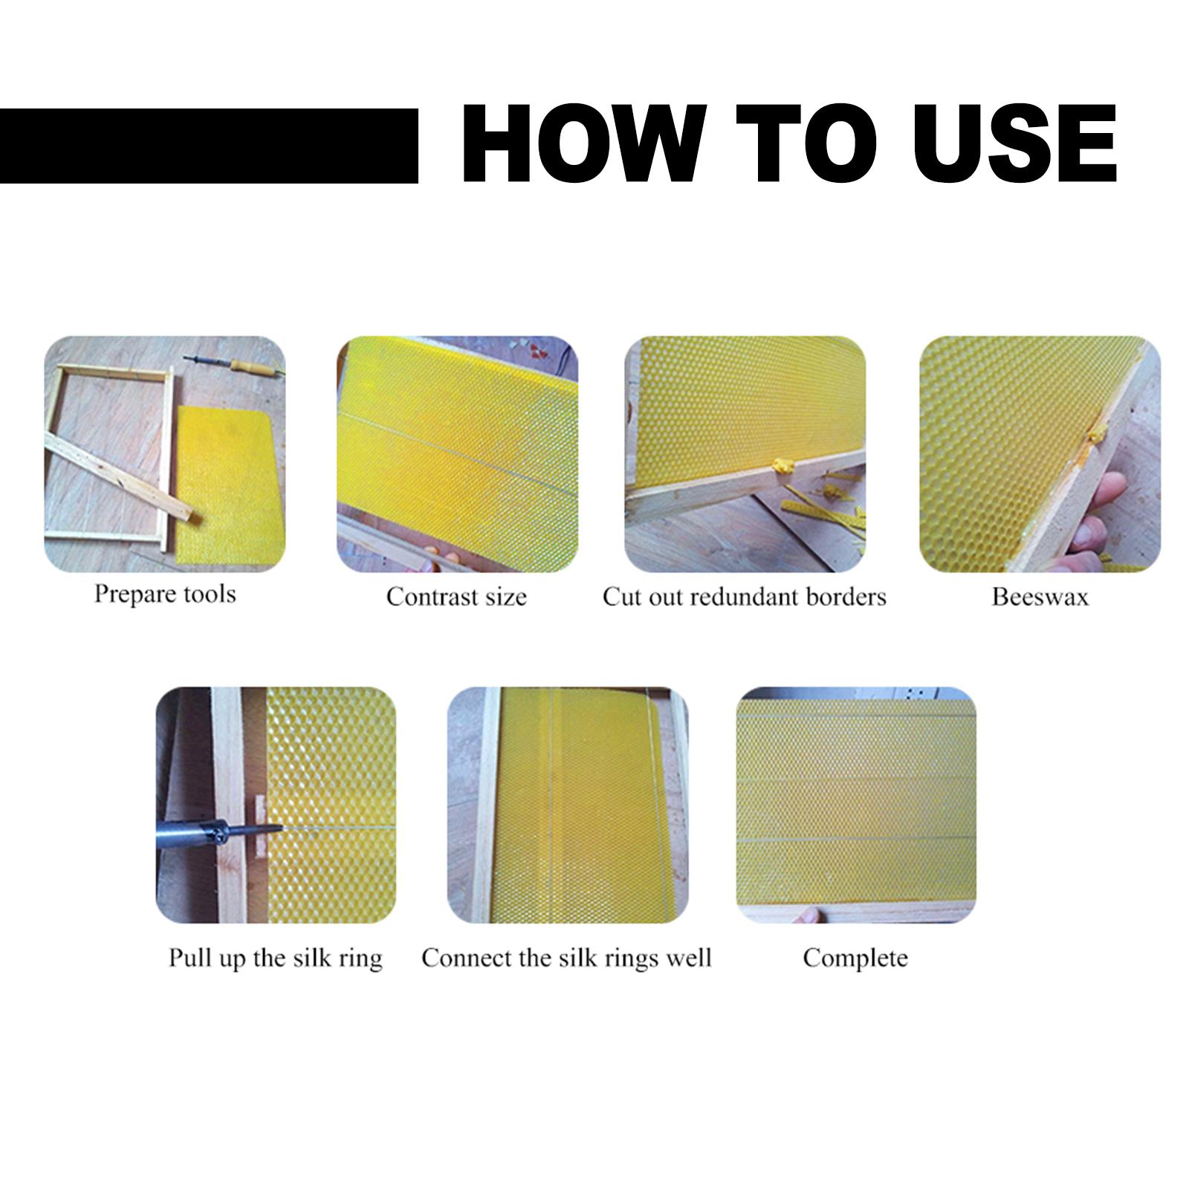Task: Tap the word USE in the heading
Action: pos(1014,143)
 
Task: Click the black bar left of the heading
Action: pos(209,146)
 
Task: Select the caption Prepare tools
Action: pos(165,594)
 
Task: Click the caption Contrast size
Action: pos(456,597)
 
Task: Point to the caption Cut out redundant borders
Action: pos(745,597)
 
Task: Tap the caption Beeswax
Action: pos(1040,597)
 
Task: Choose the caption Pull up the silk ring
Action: pos(276,958)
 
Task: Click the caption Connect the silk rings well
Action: pos(567,958)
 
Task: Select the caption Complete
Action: pos(855,958)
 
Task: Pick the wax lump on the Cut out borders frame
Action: pos(783,467)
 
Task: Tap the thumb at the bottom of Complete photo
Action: pos(809,914)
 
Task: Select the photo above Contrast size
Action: pos(458,454)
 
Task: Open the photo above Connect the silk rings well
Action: pos(568,806)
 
